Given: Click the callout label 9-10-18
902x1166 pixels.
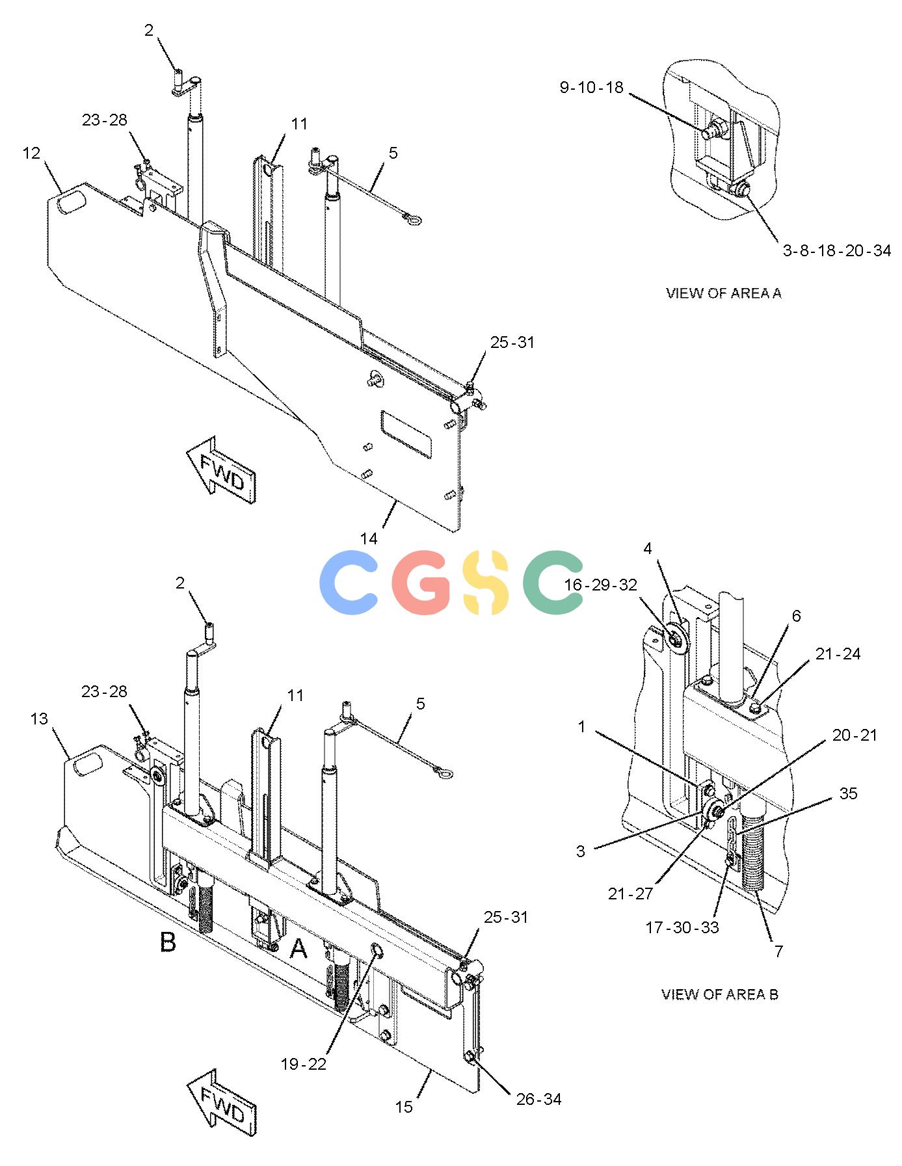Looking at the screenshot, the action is point(591,87).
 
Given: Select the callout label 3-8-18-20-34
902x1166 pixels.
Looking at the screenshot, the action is point(836,250).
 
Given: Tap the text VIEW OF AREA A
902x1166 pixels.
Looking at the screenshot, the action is point(723,293).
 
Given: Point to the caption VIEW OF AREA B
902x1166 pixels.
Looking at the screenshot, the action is point(719,994).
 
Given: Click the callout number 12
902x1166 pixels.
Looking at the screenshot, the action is point(31,153).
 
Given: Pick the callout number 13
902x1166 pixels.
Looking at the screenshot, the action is point(39,719).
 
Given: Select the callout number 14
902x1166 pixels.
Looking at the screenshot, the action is point(369,538).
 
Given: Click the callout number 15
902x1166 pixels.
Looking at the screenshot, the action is point(404,1106).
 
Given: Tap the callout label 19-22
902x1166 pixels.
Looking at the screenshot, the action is point(303,1064).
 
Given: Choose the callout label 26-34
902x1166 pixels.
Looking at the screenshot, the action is point(538,1099).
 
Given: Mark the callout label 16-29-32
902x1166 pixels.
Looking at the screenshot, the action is point(600,585).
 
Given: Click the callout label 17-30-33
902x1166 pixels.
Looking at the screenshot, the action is point(682,927).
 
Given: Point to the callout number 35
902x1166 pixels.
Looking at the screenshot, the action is point(848,793).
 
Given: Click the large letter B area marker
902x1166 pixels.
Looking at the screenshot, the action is point(168,942).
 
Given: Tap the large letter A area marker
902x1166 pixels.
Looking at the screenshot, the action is point(298,949).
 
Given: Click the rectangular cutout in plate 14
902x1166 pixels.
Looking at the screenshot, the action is point(406,432).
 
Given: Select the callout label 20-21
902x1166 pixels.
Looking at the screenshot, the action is point(855,735).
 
